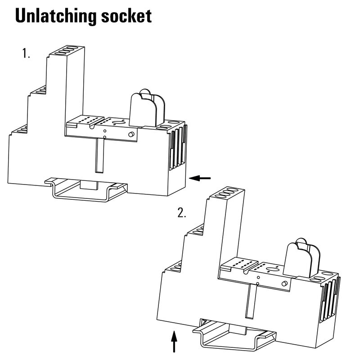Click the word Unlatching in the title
[x=56, y=16]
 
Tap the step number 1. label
[x=26, y=54]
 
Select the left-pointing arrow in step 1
[x=200, y=178]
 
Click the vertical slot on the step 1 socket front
[x=100, y=155]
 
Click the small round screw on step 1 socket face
[x=131, y=135]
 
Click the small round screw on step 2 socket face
[x=284, y=283]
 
